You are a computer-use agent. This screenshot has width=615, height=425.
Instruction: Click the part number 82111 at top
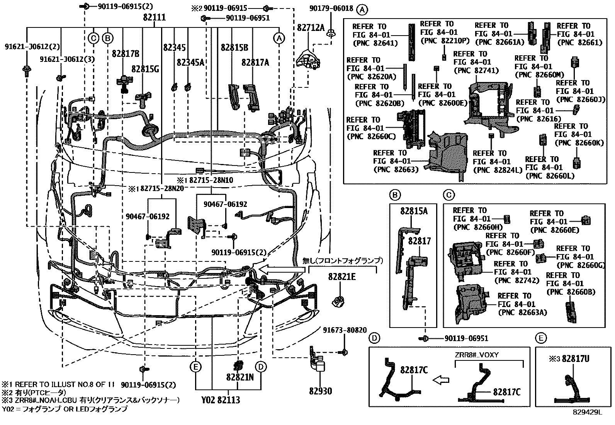(x=154, y=17)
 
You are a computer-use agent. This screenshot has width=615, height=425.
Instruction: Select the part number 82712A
(x=311, y=28)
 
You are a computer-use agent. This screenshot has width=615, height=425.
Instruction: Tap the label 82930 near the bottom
(x=320, y=391)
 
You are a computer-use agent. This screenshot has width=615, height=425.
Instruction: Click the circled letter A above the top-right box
(x=362, y=9)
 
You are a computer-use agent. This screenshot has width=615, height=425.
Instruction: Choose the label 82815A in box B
(x=414, y=211)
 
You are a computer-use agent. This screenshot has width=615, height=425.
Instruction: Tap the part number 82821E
(x=342, y=277)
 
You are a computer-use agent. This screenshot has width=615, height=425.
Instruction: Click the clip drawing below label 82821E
(x=339, y=300)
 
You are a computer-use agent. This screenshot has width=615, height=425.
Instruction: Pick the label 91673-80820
(x=345, y=330)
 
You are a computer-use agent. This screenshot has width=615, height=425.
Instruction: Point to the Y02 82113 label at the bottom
(x=221, y=400)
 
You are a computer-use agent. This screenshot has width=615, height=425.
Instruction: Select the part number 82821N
(x=240, y=377)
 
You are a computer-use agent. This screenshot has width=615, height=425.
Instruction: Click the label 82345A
(x=190, y=62)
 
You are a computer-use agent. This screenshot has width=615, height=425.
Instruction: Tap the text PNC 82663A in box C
(x=522, y=312)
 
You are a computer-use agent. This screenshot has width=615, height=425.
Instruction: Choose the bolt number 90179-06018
(x=331, y=9)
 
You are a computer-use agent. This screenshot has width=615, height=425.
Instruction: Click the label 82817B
(x=126, y=53)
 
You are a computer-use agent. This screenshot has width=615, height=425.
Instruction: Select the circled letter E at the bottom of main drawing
(x=196, y=367)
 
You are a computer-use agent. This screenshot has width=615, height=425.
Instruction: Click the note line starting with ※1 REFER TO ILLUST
(x=58, y=385)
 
